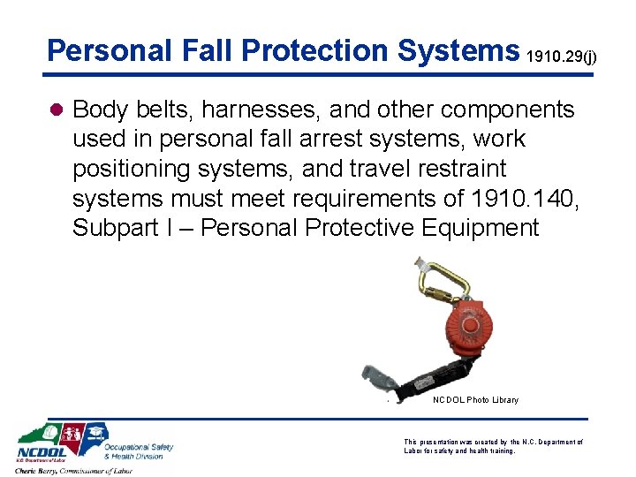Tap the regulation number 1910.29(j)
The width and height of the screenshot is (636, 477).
(x=562, y=57)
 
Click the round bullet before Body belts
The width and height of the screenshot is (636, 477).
(x=55, y=110)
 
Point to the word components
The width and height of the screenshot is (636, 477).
(x=507, y=110)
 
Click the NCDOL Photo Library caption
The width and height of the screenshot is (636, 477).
(x=475, y=400)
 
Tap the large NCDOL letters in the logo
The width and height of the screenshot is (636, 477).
(x=41, y=452)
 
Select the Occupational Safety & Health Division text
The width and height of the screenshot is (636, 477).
(x=139, y=451)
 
